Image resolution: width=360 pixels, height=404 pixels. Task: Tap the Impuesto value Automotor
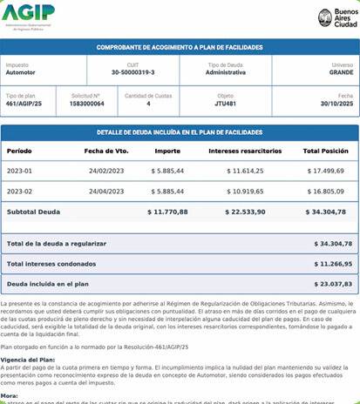(x=22, y=73)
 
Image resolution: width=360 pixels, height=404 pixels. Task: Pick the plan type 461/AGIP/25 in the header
(x=25, y=104)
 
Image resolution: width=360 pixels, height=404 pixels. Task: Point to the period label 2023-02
(x=20, y=191)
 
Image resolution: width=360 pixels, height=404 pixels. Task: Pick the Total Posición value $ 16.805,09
(x=324, y=191)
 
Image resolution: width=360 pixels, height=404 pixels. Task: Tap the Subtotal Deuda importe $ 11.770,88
(x=166, y=212)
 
